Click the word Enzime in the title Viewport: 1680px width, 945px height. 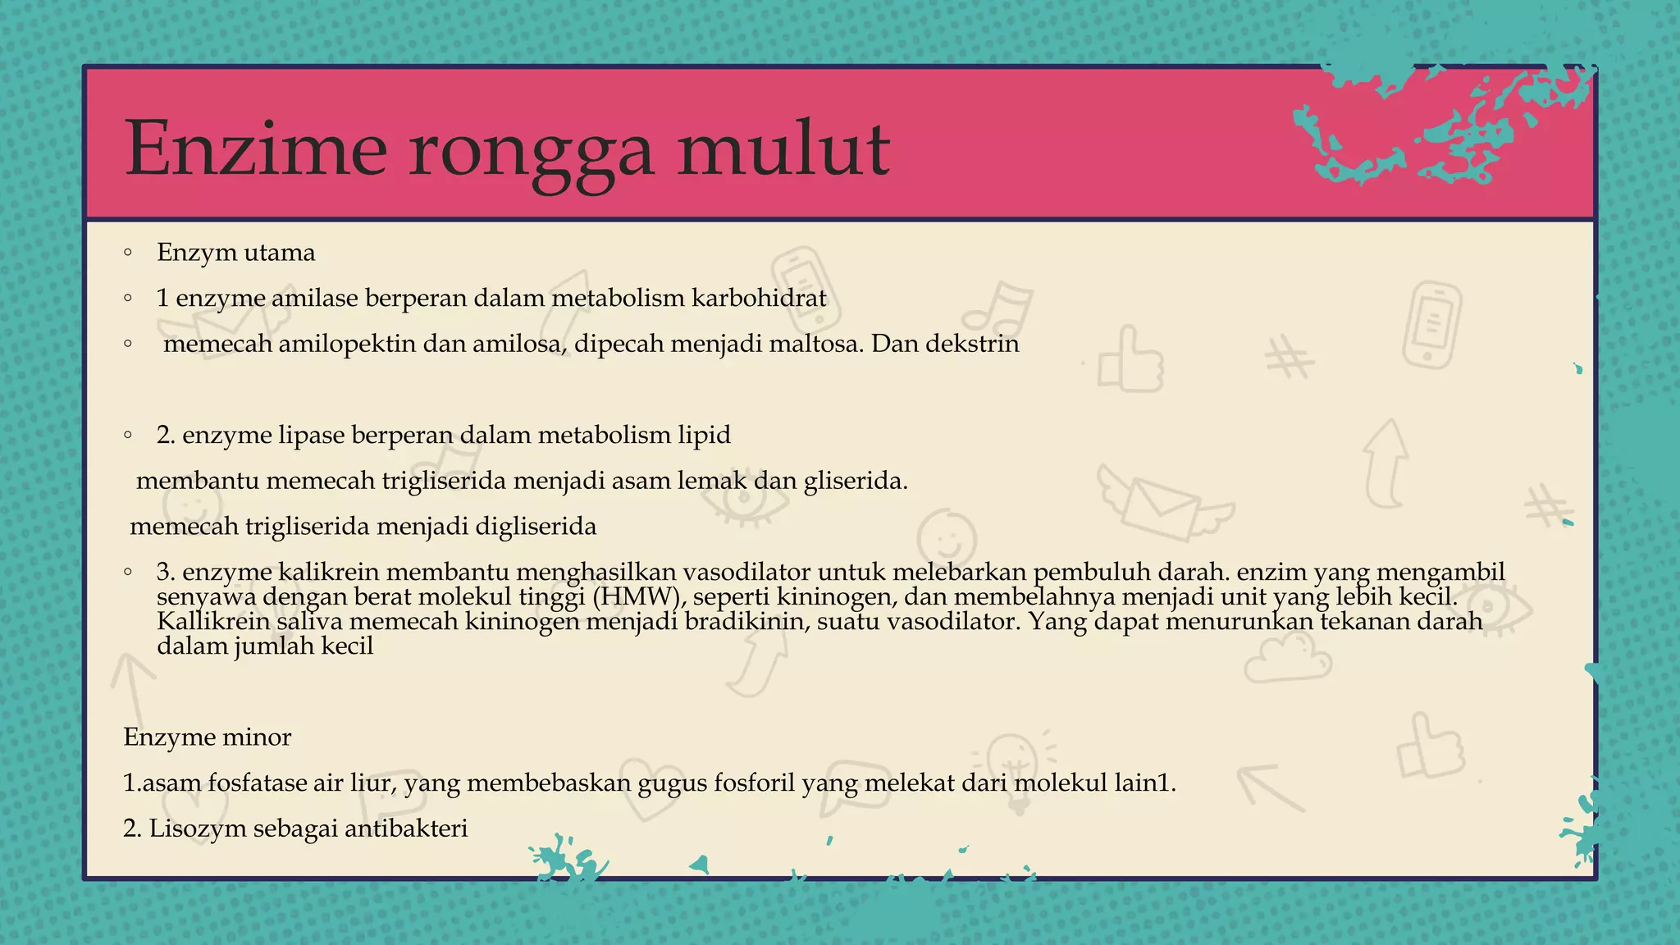click(255, 149)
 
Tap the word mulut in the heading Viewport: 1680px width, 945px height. click(783, 149)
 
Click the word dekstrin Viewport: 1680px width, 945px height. click(972, 344)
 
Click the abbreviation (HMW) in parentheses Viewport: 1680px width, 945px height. click(637, 596)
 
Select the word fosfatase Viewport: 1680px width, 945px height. click(257, 783)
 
